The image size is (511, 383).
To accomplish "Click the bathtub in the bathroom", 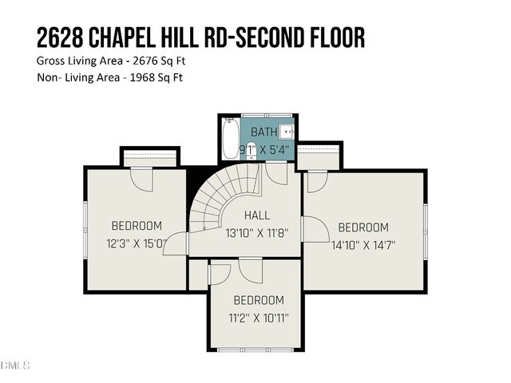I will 230,139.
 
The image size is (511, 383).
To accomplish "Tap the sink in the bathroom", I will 287,131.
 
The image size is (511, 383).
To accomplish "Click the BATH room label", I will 264,132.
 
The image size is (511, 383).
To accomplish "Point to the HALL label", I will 257,215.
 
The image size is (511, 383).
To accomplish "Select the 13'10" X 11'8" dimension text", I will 257,233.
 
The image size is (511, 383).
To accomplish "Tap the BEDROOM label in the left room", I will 137,226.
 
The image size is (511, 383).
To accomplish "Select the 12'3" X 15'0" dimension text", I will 137,243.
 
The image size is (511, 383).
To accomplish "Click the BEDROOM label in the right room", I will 363,227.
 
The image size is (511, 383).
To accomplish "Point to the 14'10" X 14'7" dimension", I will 363,245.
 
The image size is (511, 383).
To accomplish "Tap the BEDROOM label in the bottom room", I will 259,301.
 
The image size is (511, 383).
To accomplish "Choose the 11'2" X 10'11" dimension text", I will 259,318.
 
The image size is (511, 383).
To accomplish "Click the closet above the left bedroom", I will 149,158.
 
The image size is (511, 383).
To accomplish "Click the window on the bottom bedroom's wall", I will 255,349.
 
